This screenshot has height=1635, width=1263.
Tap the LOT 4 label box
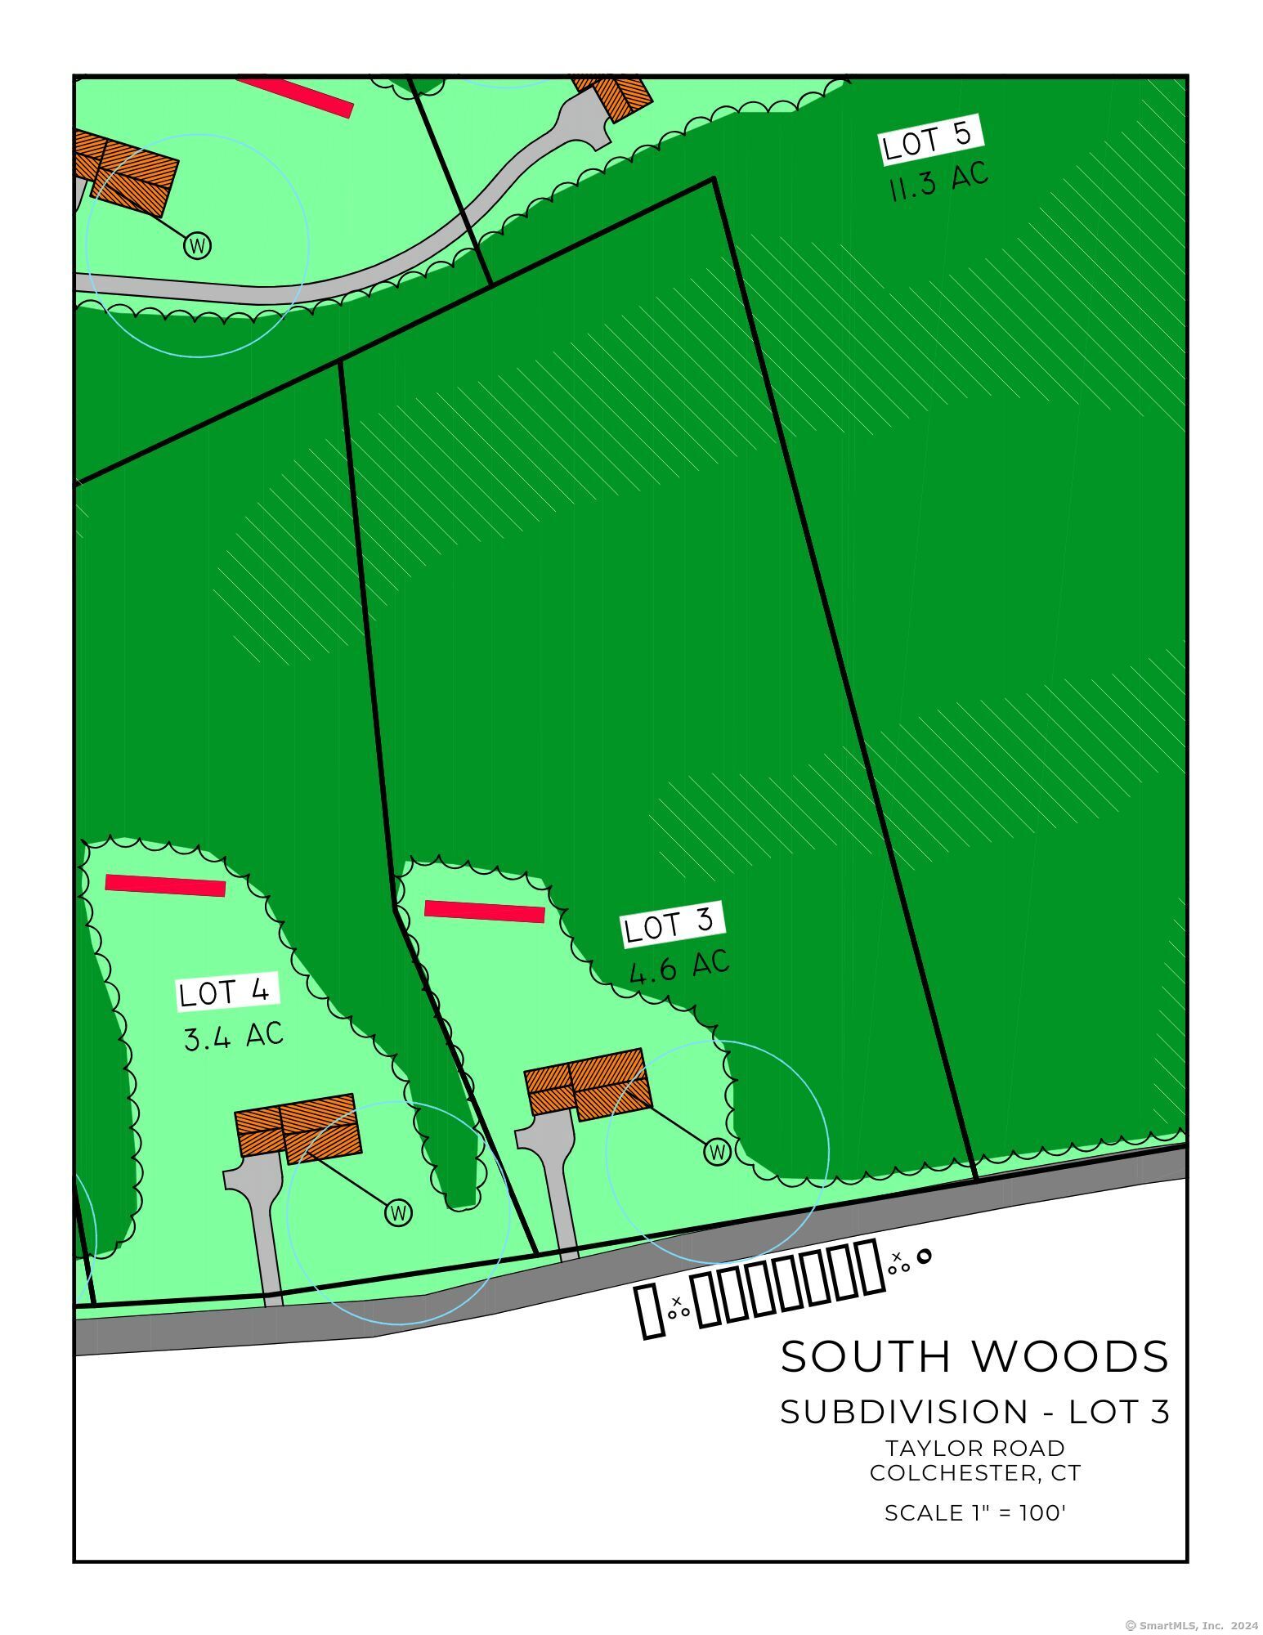pos(228,992)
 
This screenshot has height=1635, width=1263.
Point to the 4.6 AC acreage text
pos(679,967)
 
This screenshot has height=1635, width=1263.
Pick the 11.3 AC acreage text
pos(938,181)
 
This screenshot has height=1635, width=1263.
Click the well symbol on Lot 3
pos(717,1152)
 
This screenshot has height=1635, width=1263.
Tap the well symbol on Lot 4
pos(398,1212)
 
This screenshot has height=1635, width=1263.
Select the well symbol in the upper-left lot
pos(197,244)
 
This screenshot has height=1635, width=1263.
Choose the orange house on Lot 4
pos(298,1127)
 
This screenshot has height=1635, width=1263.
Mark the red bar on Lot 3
pos(484,912)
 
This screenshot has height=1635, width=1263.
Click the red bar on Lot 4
pos(165,885)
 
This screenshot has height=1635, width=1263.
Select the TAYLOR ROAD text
pos(974,1448)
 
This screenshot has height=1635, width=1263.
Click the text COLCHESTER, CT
pos(974,1473)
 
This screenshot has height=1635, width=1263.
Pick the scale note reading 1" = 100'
pos(974,1513)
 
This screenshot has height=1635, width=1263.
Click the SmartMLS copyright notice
pos(1191,1626)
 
